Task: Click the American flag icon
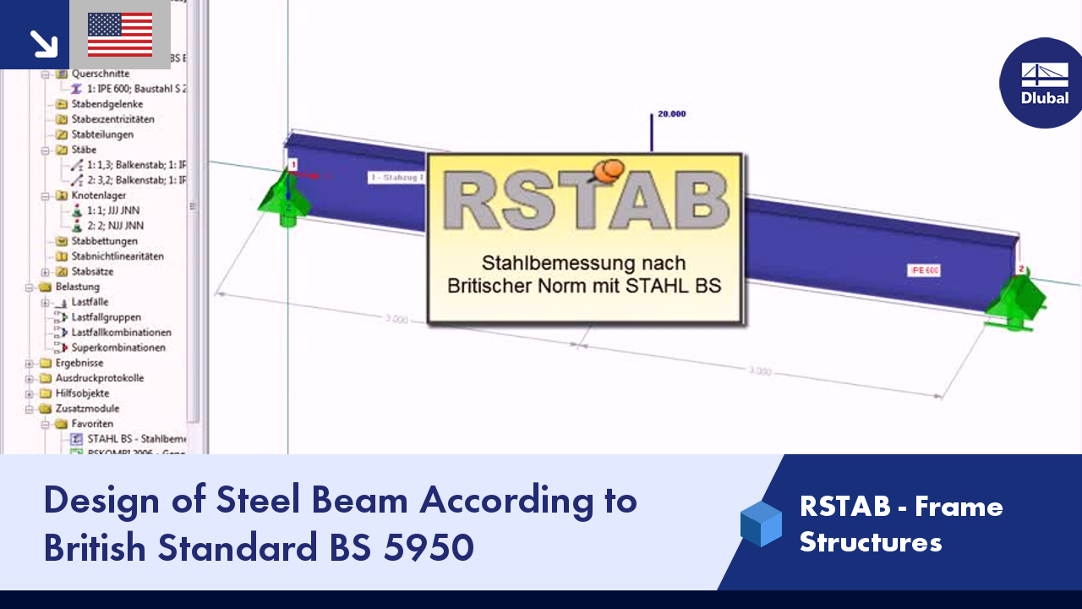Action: [x=120, y=35]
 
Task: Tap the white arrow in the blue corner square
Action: [x=42, y=43]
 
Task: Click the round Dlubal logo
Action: [x=1044, y=83]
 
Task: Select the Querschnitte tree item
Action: [x=100, y=74]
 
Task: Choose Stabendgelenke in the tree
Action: [x=107, y=104]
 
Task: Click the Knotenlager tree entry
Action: [x=98, y=195]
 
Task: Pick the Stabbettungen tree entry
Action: [x=104, y=241]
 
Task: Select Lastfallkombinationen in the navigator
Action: [x=121, y=332]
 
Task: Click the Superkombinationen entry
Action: [x=118, y=348]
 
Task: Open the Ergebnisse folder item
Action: [x=79, y=363]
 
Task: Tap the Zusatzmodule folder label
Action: [x=87, y=409]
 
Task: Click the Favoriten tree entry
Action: [x=92, y=424]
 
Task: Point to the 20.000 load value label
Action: [x=671, y=113]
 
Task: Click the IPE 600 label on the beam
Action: [x=924, y=271]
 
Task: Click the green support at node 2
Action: [x=1018, y=300]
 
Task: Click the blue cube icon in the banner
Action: [x=761, y=524]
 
